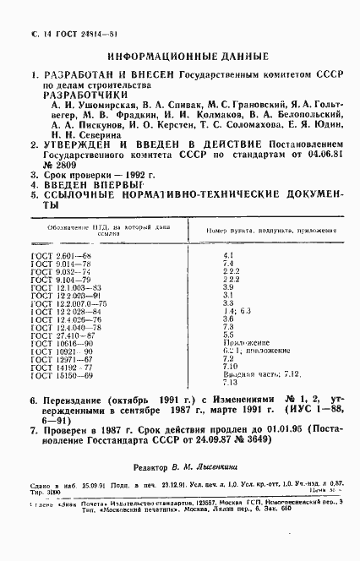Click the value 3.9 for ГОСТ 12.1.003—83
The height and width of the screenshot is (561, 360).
tap(227, 286)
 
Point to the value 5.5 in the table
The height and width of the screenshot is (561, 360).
tap(227, 335)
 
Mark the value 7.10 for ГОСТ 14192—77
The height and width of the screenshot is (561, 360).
tap(229, 367)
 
